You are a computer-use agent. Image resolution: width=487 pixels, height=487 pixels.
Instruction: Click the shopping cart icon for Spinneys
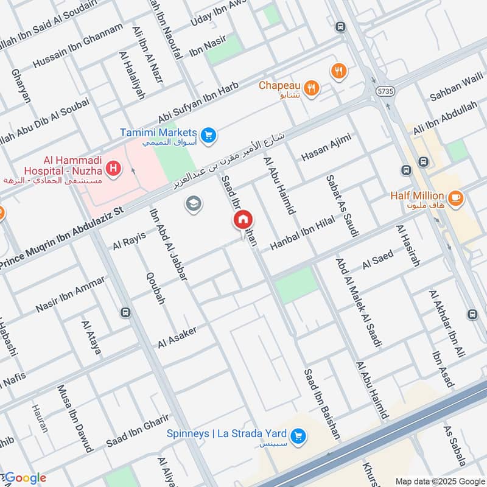298,436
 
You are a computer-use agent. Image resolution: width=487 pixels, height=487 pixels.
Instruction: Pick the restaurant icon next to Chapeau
312,87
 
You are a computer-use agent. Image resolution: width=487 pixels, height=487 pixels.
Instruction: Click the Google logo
26,478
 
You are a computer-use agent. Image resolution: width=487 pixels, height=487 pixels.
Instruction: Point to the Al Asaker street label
177,337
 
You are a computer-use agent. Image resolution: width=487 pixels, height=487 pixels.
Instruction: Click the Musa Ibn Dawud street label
75,418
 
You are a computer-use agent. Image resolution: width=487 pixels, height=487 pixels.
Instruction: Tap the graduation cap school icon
194,204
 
